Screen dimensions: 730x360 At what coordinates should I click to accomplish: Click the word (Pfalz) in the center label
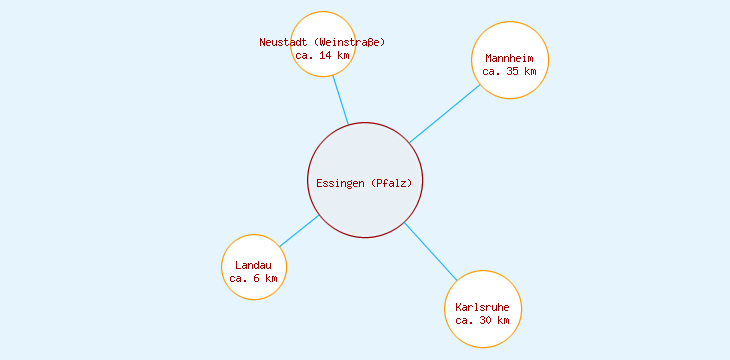pos(391,183)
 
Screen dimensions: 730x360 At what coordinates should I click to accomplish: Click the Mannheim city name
pos(509,58)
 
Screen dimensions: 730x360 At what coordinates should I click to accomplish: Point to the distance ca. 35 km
pos(509,71)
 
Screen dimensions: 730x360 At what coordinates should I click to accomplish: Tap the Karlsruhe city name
pos(483,306)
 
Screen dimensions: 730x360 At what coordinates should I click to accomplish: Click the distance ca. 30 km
pos(483,320)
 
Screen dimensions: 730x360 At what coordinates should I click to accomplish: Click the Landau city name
pos(254,265)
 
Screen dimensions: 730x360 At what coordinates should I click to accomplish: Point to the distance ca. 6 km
pos(254,278)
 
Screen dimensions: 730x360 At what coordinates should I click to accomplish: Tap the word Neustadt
pos(283,42)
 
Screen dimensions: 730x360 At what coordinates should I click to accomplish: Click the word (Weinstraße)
pos(349,42)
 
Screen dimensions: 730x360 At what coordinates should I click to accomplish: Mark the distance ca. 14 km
pos(323,55)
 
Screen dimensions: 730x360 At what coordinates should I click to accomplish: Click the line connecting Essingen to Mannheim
pos(445,113)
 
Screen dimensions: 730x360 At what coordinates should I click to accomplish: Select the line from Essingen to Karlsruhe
pos(430,251)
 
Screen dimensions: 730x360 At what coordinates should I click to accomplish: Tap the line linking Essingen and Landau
pos(299,231)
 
